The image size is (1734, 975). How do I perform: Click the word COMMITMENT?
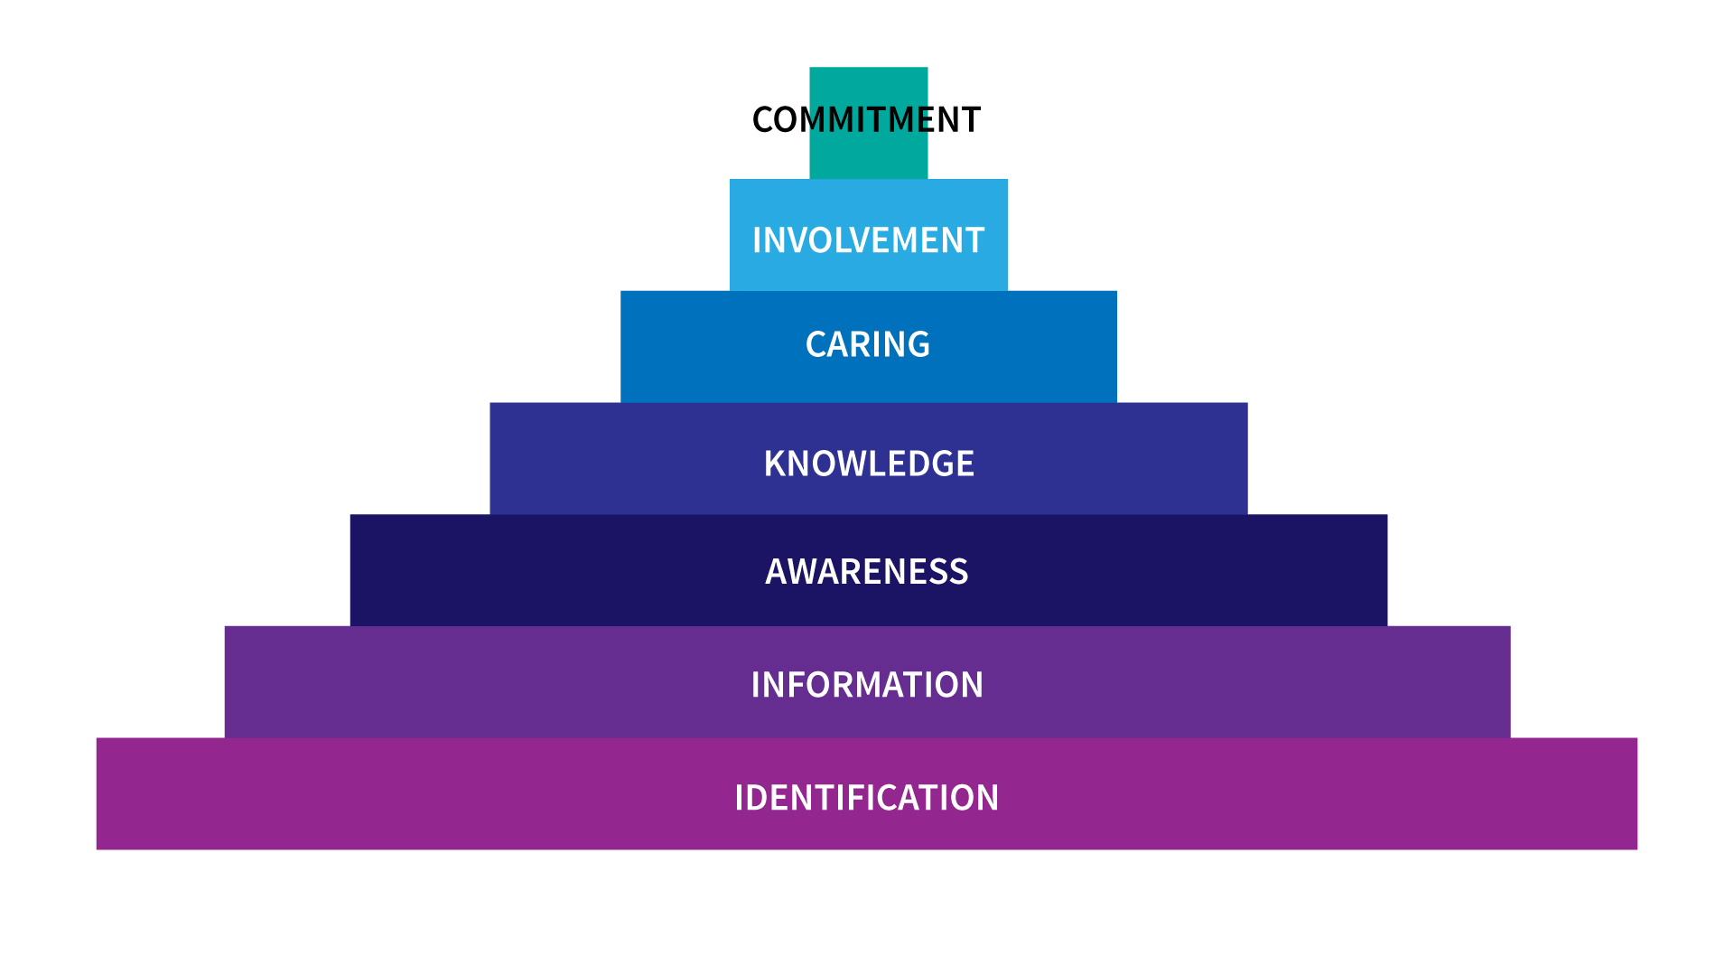coord(866,120)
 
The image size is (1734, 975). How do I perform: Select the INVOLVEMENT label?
coord(868,240)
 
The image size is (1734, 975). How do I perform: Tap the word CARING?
coord(867,344)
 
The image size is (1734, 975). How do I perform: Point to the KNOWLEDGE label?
coord(869,464)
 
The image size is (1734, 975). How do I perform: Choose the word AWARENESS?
coord(866,572)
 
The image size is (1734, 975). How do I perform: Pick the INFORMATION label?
coord(867,685)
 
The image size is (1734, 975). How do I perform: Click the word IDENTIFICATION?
coord(866,798)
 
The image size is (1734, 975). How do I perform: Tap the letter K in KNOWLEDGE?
coord(775,464)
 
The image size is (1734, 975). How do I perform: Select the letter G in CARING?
coord(918,344)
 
